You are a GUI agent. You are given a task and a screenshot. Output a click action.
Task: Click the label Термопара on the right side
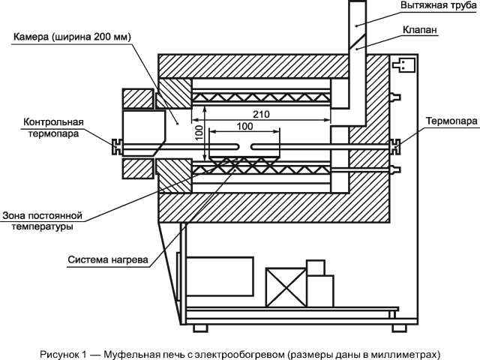(x=448, y=120)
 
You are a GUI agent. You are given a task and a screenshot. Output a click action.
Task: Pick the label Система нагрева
(x=107, y=262)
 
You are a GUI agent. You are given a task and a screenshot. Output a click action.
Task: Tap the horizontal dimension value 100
(x=244, y=127)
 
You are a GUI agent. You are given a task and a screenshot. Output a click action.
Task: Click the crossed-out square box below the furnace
(x=288, y=287)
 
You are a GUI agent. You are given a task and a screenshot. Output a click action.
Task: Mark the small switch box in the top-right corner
(x=405, y=65)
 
